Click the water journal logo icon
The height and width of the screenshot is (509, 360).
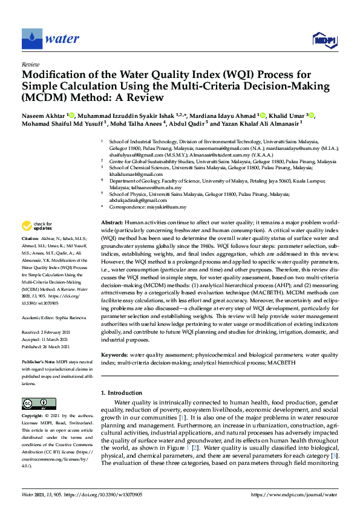pyautogui.click(x=31, y=39)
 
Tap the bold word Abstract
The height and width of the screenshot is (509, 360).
pyautogui.click(x=112, y=223)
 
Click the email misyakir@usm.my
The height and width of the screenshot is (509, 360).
pyautogui.click(x=168, y=207)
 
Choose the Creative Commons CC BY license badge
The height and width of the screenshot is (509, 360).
pyautogui.click(x=35, y=403)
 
